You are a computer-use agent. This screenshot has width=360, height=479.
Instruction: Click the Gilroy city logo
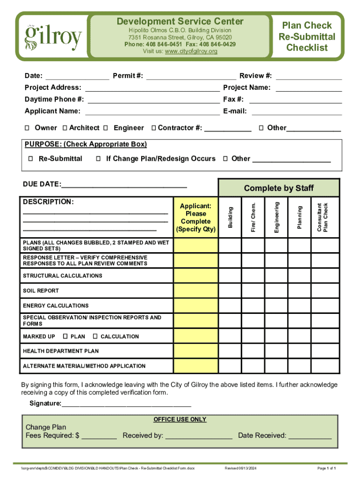tap(53, 36)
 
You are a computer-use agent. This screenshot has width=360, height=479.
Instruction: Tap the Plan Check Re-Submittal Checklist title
tap(307, 36)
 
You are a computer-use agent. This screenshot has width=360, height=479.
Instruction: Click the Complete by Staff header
tap(279, 188)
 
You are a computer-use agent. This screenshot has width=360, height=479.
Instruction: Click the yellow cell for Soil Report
tap(196, 290)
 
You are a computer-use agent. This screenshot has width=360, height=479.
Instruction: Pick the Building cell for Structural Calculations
tap(230, 276)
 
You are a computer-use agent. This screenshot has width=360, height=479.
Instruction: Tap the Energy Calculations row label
tap(56, 305)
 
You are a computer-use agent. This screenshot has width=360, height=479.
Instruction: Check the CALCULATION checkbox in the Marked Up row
tap(95, 336)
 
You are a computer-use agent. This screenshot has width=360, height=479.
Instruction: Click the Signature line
tap(126, 404)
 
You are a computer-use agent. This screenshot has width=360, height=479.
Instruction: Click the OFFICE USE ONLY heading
tap(180, 420)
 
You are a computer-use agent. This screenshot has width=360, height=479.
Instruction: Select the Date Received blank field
tap(310, 436)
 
